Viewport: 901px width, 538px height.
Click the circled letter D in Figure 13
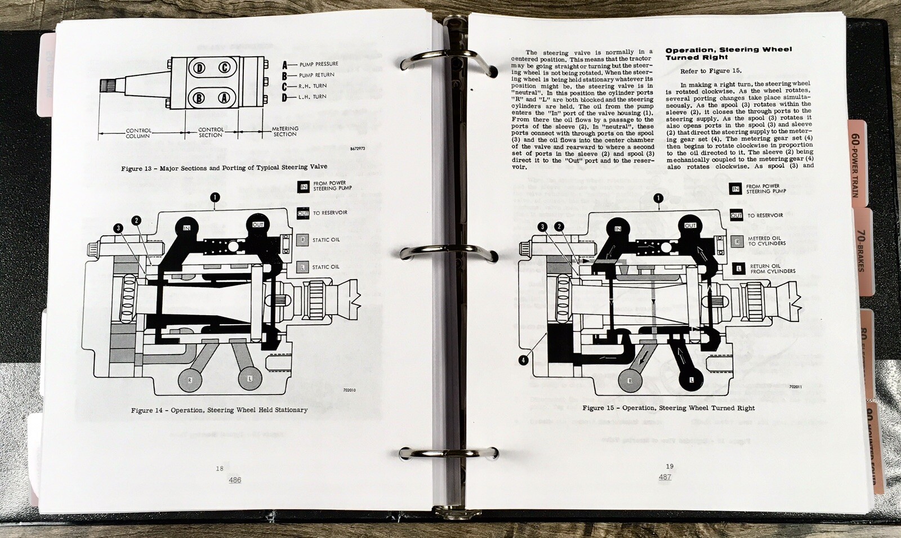199,69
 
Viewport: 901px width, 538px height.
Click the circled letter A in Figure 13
224,98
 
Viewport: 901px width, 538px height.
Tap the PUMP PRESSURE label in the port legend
318,64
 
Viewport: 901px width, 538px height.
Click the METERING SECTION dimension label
285,131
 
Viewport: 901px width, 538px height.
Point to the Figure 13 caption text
224,168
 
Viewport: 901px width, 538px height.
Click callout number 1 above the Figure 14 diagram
215,197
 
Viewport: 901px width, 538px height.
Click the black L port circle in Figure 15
691,380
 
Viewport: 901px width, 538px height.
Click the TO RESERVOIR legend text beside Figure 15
765,216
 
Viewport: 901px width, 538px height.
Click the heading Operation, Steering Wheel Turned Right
728,53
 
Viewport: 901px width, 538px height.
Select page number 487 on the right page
664,477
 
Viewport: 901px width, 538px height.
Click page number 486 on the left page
235,480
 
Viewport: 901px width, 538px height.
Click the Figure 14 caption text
219,410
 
